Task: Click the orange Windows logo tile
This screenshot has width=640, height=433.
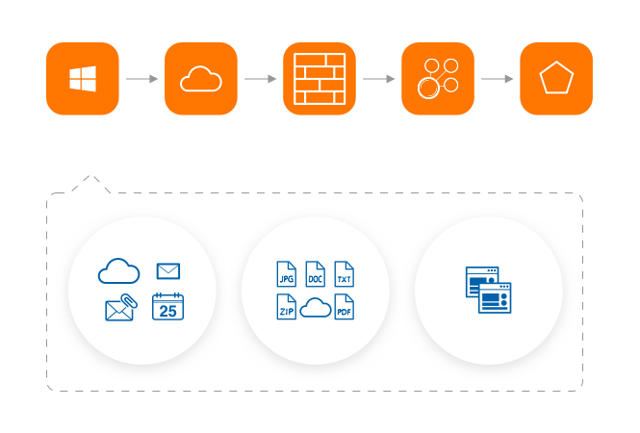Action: pyautogui.click(x=83, y=79)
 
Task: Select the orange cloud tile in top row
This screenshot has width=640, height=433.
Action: pyautogui.click(x=201, y=79)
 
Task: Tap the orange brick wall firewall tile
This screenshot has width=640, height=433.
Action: pyautogui.click(x=320, y=79)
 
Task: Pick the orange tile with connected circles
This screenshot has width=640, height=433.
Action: pyautogui.click(x=438, y=79)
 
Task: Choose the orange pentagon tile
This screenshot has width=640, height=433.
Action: pyautogui.click(x=556, y=79)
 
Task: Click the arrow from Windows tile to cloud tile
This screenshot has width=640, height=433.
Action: pyautogui.click(x=142, y=79)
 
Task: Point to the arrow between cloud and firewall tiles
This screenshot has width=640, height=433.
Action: pyautogui.click(x=261, y=79)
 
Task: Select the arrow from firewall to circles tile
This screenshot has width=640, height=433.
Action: pyautogui.click(x=379, y=79)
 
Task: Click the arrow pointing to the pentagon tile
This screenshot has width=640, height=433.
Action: pyautogui.click(x=498, y=79)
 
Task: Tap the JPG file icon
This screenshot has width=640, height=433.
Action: pyautogui.click(x=286, y=273)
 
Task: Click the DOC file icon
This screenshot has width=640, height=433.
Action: pyautogui.click(x=315, y=273)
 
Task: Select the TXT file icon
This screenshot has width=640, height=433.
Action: pyautogui.click(x=344, y=273)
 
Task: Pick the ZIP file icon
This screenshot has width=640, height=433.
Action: pyautogui.click(x=286, y=308)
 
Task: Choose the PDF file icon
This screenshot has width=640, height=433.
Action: pyautogui.click(x=344, y=308)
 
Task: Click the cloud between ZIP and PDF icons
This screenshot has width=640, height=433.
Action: pyautogui.click(x=315, y=308)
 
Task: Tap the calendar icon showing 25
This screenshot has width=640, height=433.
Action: pyautogui.click(x=167, y=307)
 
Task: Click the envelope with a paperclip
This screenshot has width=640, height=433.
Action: pyautogui.click(x=119, y=309)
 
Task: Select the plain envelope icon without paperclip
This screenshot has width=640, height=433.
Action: pyautogui.click(x=168, y=271)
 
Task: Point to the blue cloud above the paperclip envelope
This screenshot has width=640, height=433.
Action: pyautogui.click(x=119, y=272)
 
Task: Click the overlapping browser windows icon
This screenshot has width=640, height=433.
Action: pyautogui.click(x=488, y=290)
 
